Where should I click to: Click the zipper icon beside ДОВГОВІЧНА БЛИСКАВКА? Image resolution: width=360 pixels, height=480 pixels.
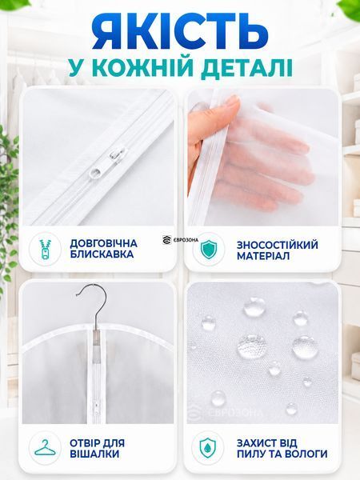pyautogui.click(x=45, y=249)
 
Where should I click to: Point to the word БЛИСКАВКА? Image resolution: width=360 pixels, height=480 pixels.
pyautogui.click(x=102, y=254)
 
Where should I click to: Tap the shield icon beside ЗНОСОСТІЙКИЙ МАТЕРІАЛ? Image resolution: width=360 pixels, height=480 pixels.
pyautogui.click(x=209, y=250)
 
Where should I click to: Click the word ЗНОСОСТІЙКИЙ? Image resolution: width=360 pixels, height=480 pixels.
pyautogui.click(x=278, y=245)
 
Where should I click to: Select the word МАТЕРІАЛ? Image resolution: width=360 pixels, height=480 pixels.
pyautogui.click(x=263, y=256)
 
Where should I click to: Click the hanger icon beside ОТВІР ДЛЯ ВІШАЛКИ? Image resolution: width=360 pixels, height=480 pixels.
pyautogui.click(x=46, y=448)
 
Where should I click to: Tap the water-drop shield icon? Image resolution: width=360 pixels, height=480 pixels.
pyautogui.click(x=208, y=448)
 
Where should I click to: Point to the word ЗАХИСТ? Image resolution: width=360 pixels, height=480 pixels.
pyautogui.click(x=258, y=443)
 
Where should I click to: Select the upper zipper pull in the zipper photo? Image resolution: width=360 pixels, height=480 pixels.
pyautogui.click(x=117, y=153)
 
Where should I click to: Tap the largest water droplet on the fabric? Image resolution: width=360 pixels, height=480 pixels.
pyautogui.click(x=250, y=346)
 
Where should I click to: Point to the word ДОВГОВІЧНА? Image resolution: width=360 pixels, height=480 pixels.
pyautogui.click(x=104, y=243)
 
